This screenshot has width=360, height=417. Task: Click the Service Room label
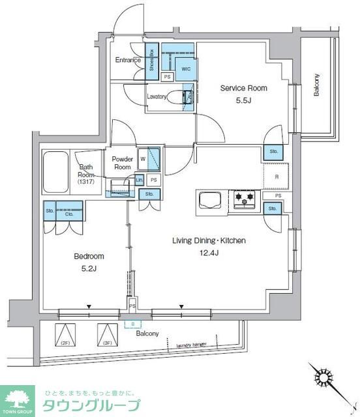[243, 88]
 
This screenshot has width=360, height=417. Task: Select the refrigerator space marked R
[276, 176]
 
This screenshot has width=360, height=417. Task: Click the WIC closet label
[185, 68]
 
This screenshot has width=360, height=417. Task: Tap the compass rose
[324, 379]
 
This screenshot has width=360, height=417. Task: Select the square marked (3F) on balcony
[106, 336]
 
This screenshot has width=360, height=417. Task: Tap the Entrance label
[128, 61]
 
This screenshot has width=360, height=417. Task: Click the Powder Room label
[123, 163]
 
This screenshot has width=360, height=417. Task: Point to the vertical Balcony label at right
[316, 84]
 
